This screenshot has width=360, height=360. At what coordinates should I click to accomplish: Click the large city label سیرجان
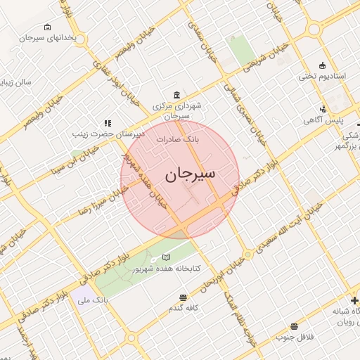coord(191,174)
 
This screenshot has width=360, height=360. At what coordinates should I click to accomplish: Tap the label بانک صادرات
coord(178,139)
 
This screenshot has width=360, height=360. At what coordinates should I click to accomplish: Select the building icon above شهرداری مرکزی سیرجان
coord(175,95)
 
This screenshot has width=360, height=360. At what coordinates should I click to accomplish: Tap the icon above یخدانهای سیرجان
coord(47,27)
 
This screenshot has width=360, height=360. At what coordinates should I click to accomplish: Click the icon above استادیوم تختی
coord(323,65)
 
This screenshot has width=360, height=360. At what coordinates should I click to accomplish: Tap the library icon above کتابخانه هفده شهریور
coord(166,257)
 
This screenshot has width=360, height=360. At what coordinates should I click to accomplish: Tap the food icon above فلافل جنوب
coord(294,326)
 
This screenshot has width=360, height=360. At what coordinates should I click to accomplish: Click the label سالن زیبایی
coord(15,82)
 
